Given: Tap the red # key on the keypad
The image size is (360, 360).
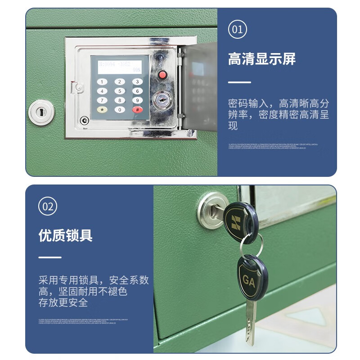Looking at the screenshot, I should click(x=137, y=109).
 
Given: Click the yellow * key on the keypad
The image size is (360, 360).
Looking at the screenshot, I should click(x=103, y=109).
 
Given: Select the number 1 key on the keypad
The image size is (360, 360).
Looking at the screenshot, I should click(x=103, y=82).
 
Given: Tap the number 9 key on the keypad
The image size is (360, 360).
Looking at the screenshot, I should click(x=137, y=100).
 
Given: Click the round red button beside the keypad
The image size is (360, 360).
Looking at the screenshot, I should click(x=162, y=75).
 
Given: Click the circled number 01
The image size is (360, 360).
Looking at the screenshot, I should click(x=237, y=30).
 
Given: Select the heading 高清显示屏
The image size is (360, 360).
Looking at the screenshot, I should click(x=261, y=59).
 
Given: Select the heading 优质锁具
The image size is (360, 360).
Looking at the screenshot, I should click(x=65, y=235).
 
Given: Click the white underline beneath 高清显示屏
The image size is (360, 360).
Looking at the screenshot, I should click(x=239, y=82).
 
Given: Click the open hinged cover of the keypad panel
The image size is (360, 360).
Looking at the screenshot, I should click(x=197, y=85).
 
